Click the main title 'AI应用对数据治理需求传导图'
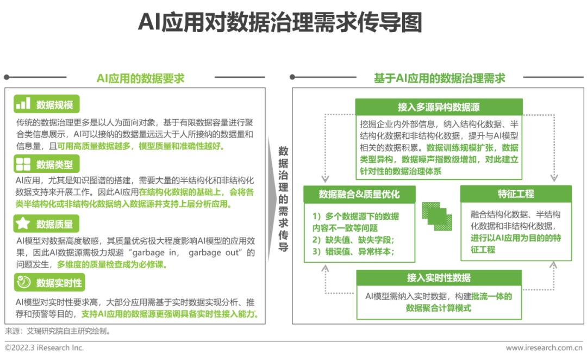click(280, 22)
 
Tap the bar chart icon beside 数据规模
click(23, 103)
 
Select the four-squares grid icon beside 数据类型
click(23, 164)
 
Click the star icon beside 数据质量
click(23, 224)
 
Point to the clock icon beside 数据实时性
click(23, 282)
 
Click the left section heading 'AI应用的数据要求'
click(140, 78)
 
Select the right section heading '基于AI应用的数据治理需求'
click(440, 78)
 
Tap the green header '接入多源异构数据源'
click(439, 107)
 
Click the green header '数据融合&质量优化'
click(359, 194)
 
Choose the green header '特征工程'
click(516, 194)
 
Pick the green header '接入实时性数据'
click(439, 277)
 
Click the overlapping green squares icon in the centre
click(437, 216)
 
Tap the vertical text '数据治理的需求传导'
click(283, 199)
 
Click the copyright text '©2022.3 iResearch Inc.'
click(44, 347)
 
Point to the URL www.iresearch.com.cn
click(544, 347)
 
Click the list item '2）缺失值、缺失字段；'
click(353, 240)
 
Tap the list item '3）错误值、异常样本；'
click(353, 251)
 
